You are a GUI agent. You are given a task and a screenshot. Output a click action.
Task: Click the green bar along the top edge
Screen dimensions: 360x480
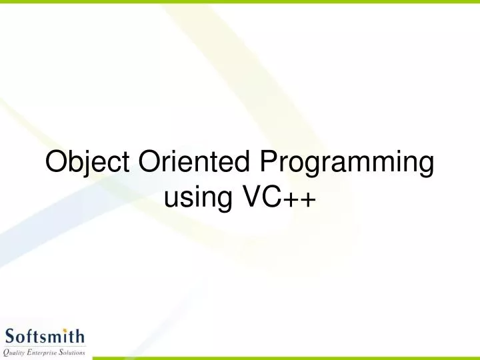240,2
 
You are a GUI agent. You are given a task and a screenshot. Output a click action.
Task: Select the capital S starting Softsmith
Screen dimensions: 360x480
11,335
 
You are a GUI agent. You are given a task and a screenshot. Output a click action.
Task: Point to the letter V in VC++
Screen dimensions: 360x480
243,197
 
